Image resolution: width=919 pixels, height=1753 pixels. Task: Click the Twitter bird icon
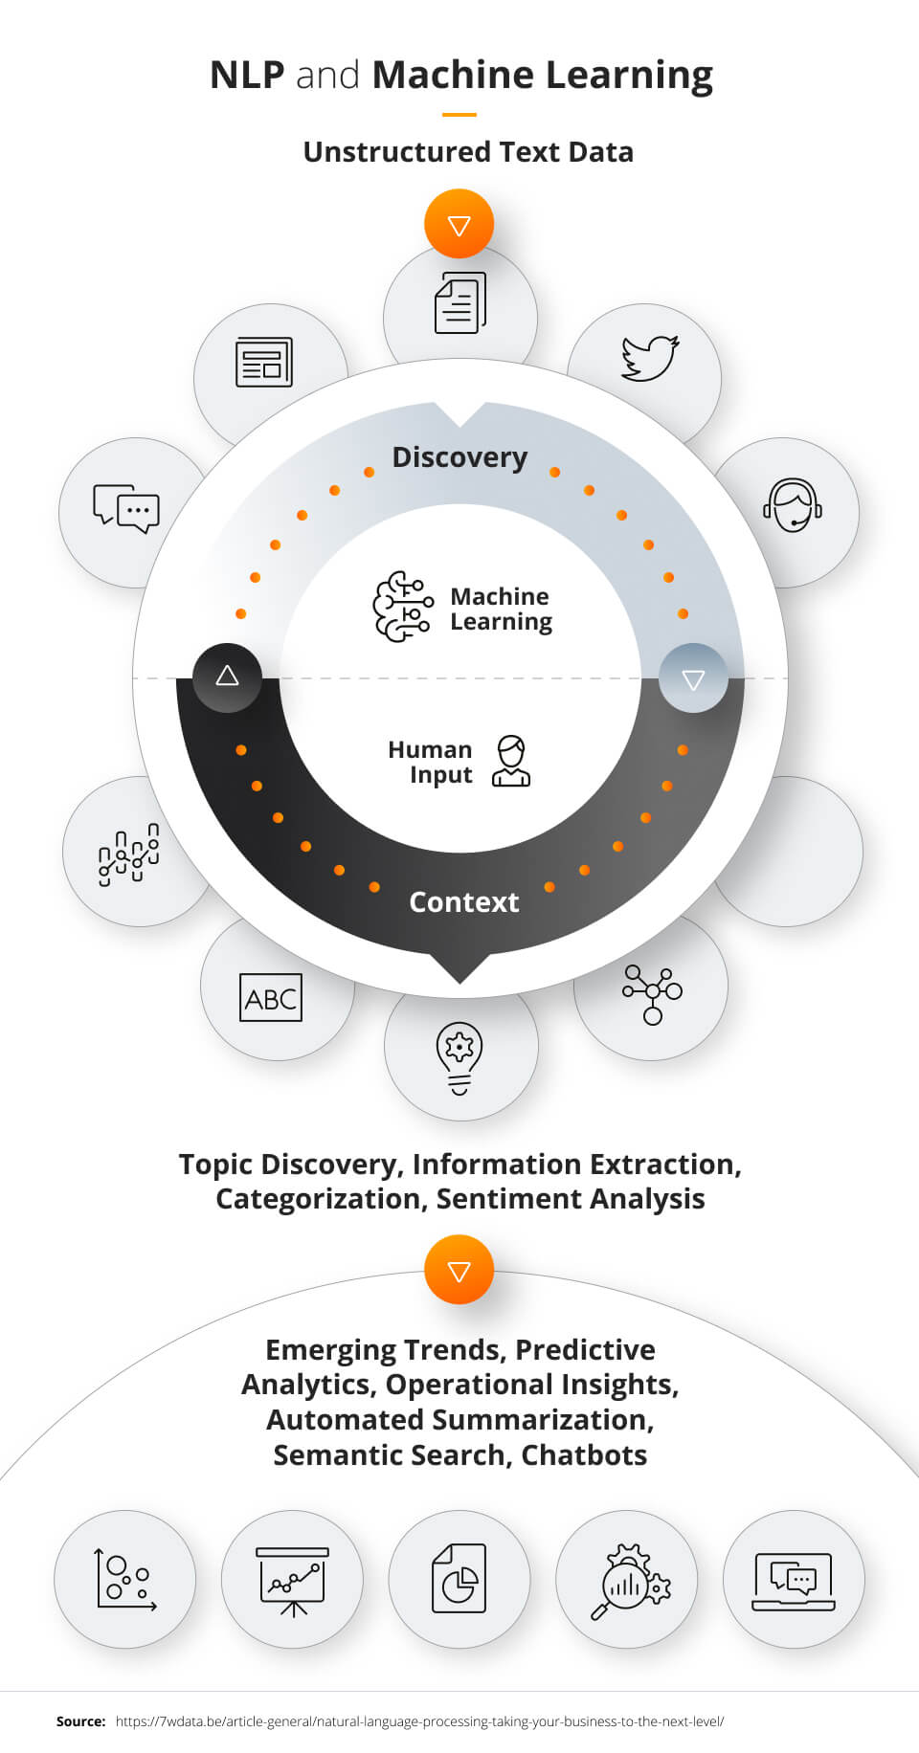(x=650, y=358)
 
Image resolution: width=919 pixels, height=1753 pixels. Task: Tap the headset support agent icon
(x=792, y=505)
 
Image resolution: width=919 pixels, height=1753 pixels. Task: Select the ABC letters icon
(x=271, y=998)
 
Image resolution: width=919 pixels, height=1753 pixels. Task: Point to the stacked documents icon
(x=460, y=303)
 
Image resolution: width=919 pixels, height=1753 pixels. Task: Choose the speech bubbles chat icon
(x=126, y=508)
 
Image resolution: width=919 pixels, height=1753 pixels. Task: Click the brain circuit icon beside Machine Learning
(x=402, y=607)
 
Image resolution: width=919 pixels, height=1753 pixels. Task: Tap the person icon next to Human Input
(x=511, y=762)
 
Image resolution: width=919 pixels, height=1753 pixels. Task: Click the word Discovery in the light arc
(x=459, y=457)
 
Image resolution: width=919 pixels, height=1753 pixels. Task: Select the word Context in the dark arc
(x=463, y=902)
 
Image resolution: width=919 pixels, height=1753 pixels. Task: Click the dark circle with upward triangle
(x=227, y=677)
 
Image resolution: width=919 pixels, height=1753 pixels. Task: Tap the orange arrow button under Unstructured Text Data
(x=459, y=225)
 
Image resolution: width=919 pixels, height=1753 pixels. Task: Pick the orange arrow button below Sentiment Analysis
(x=459, y=1271)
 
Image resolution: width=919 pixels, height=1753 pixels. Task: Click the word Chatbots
(x=584, y=1455)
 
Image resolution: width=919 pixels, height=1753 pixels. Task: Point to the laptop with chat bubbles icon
(x=794, y=1582)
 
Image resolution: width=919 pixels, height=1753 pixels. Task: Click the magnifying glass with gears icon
(x=629, y=1582)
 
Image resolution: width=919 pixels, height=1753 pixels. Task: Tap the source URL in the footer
(x=419, y=1721)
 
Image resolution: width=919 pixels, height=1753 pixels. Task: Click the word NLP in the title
(x=247, y=75)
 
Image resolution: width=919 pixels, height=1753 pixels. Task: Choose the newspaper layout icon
(x=264, y=363)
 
